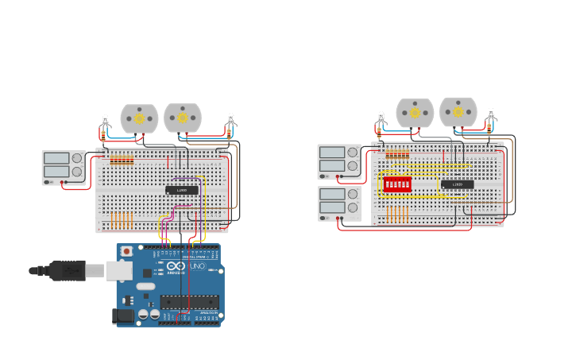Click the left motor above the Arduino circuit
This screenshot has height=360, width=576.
tap(139, 118)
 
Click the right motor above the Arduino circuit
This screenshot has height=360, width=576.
tap(183, 118)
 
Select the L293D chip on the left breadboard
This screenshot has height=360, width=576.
tap(182, 190)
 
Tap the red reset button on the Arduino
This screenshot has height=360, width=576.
tap(126, 251)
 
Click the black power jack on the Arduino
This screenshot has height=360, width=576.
tap(122, 315)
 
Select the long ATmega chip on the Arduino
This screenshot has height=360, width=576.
tap(189, 302)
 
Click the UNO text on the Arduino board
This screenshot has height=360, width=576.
tap(197, 265)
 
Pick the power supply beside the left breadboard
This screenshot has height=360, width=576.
tap(64, 168)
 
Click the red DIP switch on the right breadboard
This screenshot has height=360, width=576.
tap(396, 184)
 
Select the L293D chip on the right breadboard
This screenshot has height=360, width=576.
tap(457, 184)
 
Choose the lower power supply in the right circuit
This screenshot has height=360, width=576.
tap(339, 203)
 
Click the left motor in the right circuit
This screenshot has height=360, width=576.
tap(415, 113)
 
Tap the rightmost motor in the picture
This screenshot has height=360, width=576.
tap(458, 112)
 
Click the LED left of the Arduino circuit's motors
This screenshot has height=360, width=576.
tap(106, 124)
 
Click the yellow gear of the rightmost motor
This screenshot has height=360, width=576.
tap(458, 112)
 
